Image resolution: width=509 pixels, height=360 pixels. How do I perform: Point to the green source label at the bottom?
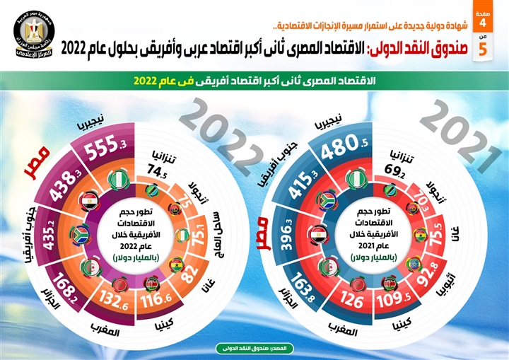[x=254, y=349]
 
